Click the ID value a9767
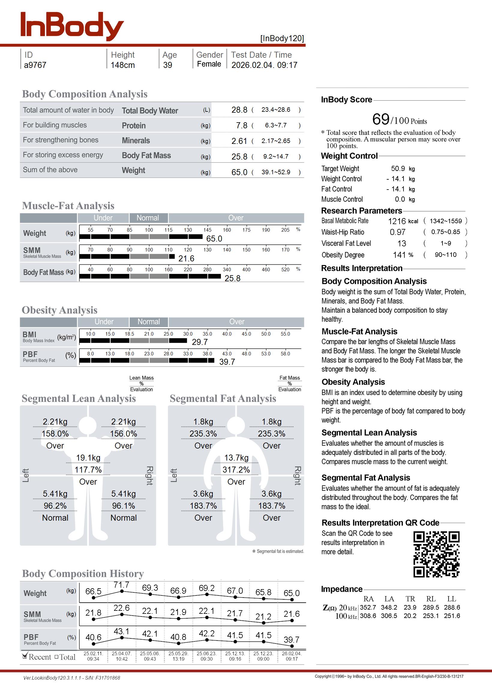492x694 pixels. (x=35, y=65)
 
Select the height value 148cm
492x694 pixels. (x=122, y=65)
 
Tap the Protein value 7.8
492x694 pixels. (x=241, y=125)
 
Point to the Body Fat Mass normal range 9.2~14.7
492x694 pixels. (x=275, y=157)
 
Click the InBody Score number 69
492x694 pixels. (x=380, y=119)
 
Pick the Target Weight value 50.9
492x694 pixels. (x=398, y=169)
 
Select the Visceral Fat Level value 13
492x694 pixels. (x=401, y=244)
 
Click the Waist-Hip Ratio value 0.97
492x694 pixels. (x=397, y=232)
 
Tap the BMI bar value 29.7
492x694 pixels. (x=199, y=342)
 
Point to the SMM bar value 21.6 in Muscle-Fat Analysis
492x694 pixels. (x=186, y=258)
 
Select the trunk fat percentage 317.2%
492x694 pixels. (x=236, y=470)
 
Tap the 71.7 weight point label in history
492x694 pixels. (x=121, y=585)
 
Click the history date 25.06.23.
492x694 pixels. (x=206, y=653)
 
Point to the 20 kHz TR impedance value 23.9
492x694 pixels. (x=409, y=607)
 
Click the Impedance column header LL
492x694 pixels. (x=451, y=599)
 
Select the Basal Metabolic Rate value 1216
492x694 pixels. (x=397, y=221)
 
